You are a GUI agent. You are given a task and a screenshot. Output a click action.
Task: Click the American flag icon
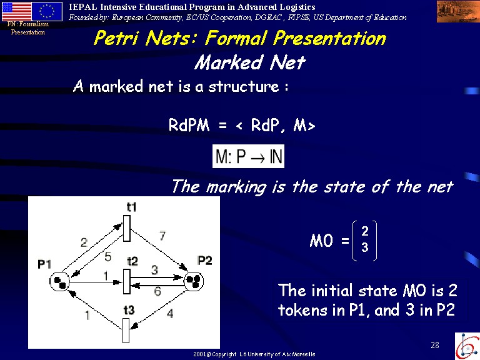(x=17, y=12)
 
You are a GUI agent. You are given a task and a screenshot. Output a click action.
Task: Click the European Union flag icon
(x=47, y=12)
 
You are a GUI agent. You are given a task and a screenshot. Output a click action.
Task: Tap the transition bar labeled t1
(x=127, y=228)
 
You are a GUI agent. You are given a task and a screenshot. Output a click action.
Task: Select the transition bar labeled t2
(x=127, y=281)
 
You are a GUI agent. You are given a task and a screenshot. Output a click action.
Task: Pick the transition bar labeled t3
(x=126, y=330)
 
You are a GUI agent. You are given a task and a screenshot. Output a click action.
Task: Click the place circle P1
(x=60, y=281)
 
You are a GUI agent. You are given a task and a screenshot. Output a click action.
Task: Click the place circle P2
(x=194, y=281)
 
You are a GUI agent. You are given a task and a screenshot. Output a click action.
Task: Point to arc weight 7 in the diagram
(x=162, y=236)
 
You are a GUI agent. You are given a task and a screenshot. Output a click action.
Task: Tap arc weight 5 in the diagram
(x=107, y=256)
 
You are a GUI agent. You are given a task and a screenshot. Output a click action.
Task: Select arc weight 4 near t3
(x=170, y=314)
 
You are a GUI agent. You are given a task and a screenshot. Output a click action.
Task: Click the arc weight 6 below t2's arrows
(x=157, y=291)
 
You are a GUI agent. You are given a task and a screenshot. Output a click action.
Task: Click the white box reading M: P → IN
(x=248, y=156)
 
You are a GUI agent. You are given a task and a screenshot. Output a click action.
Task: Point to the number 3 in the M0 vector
(x=364, y=247)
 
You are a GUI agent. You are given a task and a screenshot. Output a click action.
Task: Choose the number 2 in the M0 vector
(x=364, y=231)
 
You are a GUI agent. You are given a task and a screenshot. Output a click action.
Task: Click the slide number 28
(x=435, y=345)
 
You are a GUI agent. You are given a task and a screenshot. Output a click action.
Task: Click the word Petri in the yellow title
(x=117, y=38)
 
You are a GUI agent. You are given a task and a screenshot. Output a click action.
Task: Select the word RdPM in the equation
(x=189, y=125)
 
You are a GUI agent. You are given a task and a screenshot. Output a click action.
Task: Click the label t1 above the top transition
(x=132, y=207)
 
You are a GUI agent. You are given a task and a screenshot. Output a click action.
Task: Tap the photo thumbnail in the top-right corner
(x=458, y=11)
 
